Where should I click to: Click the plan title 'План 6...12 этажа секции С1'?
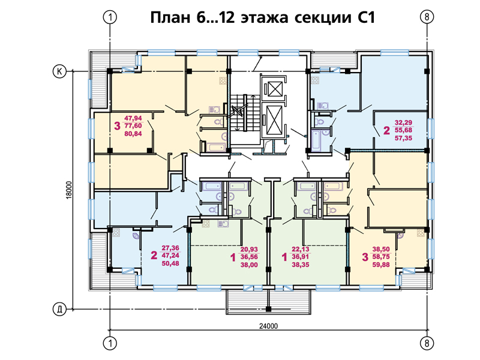[x=262, y=17]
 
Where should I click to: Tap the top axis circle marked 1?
[x=110, y=17]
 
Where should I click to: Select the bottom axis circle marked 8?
[x=427, y=343]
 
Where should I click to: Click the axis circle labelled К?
[x=59, y=71]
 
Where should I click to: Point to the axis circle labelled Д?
[x=59, y=309]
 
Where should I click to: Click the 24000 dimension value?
[x=268, y=326]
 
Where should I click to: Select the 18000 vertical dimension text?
[x=69, y=190]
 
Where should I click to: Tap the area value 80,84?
[x=133, y=134]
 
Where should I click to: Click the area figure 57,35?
[x=403, y=138]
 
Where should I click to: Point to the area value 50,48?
[x=170, y=263]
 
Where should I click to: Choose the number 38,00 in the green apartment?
[x=249, y=265]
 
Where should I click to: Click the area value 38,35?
[x=301, y=265]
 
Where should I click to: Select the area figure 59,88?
[x=381, y=265]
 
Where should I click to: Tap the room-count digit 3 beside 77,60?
[x=117, y=126]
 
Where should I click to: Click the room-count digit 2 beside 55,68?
[x=386, y=130]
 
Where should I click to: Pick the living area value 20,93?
[x=249, y=250]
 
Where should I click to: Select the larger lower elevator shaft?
[x=274, y=121]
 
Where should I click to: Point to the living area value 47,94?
[x=133, y=118]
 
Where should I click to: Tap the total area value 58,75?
[x=381, y=257]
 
